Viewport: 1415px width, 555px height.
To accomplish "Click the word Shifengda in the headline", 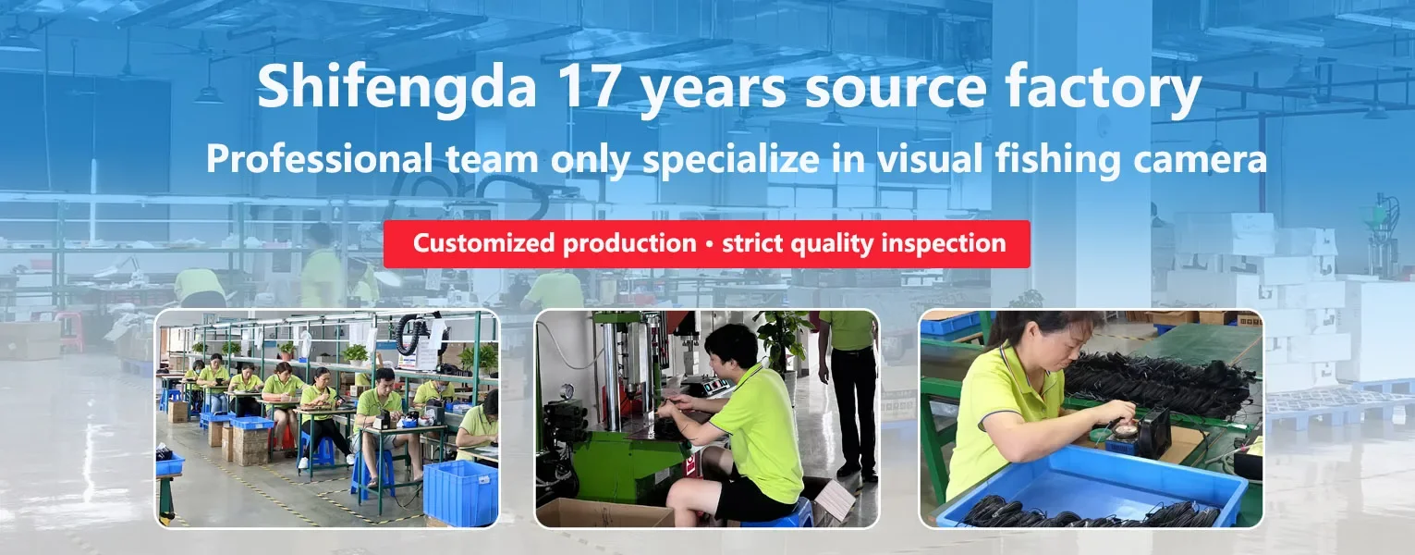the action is point(396,89).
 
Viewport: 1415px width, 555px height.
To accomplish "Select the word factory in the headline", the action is point(1103,89).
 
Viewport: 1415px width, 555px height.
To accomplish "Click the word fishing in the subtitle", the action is point(1056,158).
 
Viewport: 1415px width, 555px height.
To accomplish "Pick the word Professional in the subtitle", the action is point(320,158).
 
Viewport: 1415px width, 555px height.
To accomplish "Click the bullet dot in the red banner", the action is point(709,244).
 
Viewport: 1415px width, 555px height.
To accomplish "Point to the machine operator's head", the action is point(731,350).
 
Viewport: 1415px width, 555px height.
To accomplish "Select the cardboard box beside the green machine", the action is point(604,512).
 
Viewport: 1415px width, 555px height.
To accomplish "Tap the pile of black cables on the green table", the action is point(1156,382).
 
